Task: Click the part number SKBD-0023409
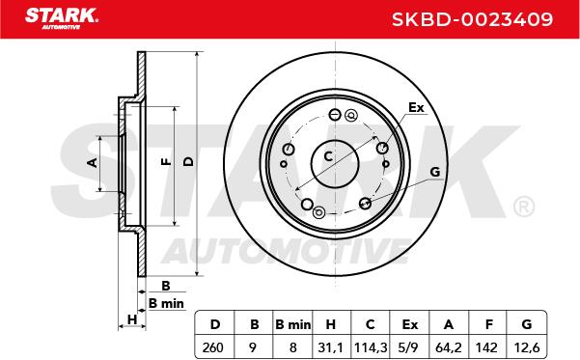coord(472,19)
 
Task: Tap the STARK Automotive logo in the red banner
coord(62,19)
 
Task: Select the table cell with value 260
coord(213,347)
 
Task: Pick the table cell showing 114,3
coord(371,347)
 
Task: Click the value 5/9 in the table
coord(409,347)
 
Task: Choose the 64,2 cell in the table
coord(449,347)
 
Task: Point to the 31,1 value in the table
coord(331,347)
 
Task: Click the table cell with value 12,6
coord(527,347)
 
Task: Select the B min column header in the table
coord(293,324)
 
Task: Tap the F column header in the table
coord(488,324)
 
